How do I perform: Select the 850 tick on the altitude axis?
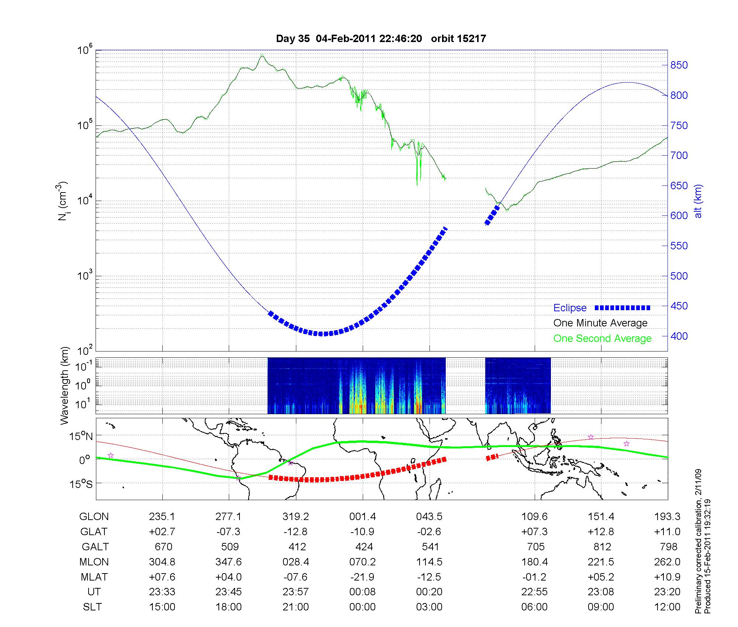pos(679,65)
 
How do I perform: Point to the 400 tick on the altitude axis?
pos(679,336)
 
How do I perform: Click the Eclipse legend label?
pos(570,308)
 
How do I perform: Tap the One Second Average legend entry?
pos(602,339)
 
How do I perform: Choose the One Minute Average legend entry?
pos(600,323)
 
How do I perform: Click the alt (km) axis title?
pos(698,201)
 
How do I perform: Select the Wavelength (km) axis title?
pos(65,386)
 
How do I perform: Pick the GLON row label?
pos(94,517)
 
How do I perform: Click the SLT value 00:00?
pos(362,607)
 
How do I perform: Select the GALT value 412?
pos(297,547)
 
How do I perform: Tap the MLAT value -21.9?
pos(362,577)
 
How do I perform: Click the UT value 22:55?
pos(535,592)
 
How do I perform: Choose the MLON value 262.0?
pos(667,562)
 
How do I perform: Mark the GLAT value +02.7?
pos(162,532)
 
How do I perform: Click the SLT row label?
pos(92,607)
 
